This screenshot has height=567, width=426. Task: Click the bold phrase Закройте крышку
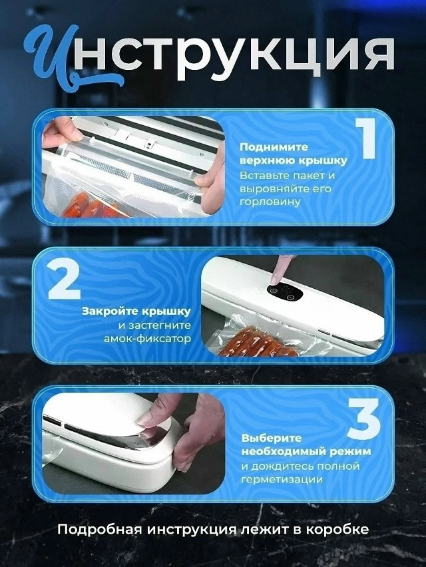pyautogui.click(x=136, y=311)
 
